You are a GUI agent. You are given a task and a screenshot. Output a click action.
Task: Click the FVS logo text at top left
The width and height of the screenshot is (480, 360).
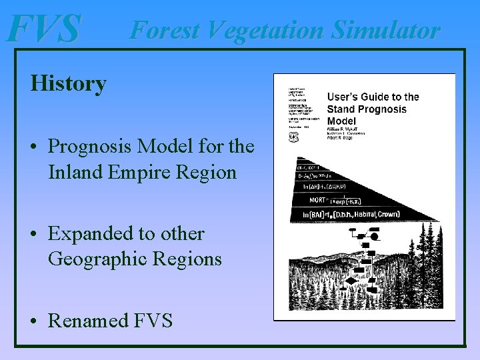pos(43,29)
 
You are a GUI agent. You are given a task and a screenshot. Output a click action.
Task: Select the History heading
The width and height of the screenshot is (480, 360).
pos(68,84)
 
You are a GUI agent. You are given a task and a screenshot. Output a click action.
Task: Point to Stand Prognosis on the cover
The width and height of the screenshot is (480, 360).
pos(366,109)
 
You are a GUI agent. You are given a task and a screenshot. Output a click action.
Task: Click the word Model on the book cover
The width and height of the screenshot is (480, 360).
pos(341,121)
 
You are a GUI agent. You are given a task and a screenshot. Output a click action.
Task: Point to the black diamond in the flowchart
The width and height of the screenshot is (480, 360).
pos(351,281)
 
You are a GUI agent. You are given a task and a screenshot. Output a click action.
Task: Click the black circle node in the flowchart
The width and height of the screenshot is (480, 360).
pos(375,236)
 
